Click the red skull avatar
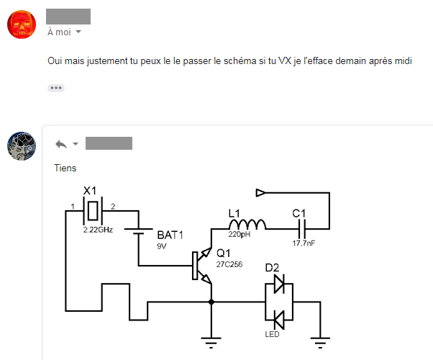(21, 24)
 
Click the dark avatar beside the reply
(21, 146)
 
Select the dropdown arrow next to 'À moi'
(78, 32)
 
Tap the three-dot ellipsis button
(56, 88)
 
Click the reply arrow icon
(61, 144)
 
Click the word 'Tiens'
(65, 168)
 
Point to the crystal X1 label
(90, 191)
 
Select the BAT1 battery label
(171, 235)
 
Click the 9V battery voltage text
(162, 246)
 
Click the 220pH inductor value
(239, 235)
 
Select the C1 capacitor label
(299, 213)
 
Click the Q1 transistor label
(224, 253)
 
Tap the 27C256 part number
(229, 264)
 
